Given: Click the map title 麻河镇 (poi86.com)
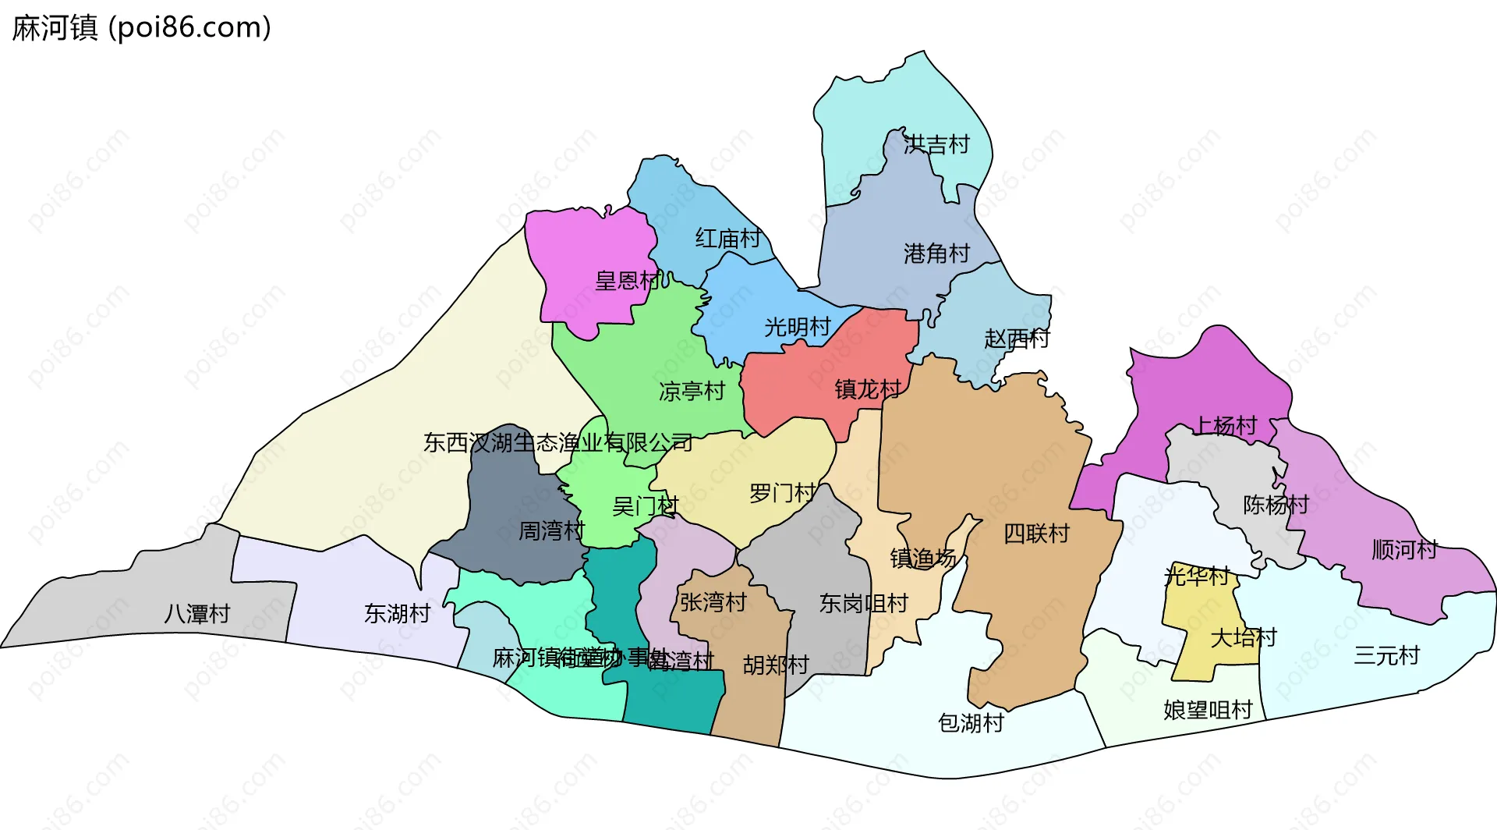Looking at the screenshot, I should point(141,28).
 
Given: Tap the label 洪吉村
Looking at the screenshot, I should point(936,144).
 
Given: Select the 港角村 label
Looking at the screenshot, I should point(936,254).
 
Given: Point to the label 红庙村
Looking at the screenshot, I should point(727,238).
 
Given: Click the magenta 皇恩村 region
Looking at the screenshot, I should point(593,257).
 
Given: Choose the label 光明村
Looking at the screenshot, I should point(797,327).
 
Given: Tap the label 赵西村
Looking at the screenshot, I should point(1017,339).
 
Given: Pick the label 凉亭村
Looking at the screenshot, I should point(692,391).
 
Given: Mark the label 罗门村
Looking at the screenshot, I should point(782,493).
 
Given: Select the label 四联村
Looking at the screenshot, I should point(1036,534).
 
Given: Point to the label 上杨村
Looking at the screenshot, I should point(1226,425).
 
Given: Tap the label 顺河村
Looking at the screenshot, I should point(1404,550).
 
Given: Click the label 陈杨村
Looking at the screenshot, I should point(1276,505).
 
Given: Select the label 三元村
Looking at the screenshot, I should point(1386,655).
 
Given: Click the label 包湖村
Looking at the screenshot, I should point(970,723).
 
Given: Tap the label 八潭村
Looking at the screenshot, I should point(196,614).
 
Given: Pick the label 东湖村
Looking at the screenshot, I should point(397,614).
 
